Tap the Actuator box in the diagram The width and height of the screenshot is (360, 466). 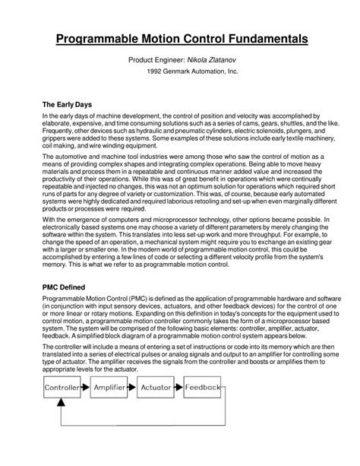coord(156,388)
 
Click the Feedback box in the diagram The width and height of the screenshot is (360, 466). coord(203,388)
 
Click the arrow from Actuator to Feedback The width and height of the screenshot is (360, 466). coord(179,388)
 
